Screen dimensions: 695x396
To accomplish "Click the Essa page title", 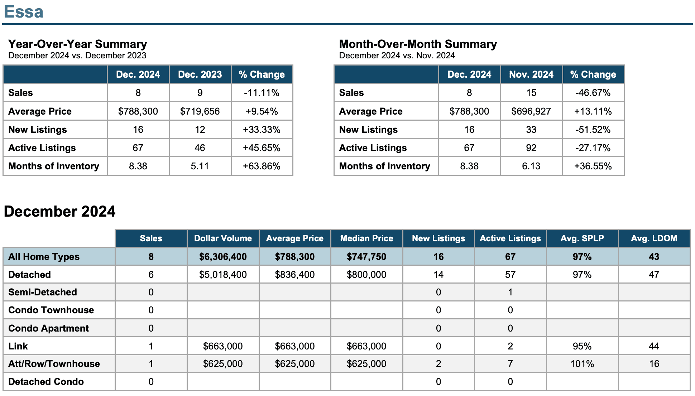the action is tap(24, 11).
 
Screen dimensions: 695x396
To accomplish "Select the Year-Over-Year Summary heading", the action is tap(78, 44).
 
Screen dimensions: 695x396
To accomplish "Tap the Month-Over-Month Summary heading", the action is tap(418, 44).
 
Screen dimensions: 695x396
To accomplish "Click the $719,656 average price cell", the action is tap(200, 111).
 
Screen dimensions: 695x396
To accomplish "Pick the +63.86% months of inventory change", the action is tap(262, 166).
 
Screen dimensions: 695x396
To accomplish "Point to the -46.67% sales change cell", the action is tap(593, 93).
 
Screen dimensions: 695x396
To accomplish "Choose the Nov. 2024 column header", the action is tap(531, 74).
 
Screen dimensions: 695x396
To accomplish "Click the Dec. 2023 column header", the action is tap(200, 74).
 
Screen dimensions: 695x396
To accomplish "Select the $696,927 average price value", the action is tap(531, 111).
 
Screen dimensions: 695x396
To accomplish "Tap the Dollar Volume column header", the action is tap(223, 238).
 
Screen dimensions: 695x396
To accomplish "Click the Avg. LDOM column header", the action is tap(654, 238).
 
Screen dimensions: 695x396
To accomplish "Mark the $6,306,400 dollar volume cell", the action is tap(223, 257).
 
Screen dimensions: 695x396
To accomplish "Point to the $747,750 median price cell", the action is tap(366, 257).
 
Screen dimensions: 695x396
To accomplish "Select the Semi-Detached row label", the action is tap(43, 292).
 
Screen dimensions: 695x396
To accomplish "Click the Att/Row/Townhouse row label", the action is tap(54, 364).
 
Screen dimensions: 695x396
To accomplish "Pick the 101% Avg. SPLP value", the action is tap(582, 364).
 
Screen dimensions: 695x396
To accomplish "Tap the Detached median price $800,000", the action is tap(366, 275).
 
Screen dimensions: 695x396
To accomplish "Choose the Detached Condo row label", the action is tap(46, 382).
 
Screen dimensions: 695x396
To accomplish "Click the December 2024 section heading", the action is tap(59, 211).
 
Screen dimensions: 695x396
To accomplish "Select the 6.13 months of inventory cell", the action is tap(531, 166).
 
